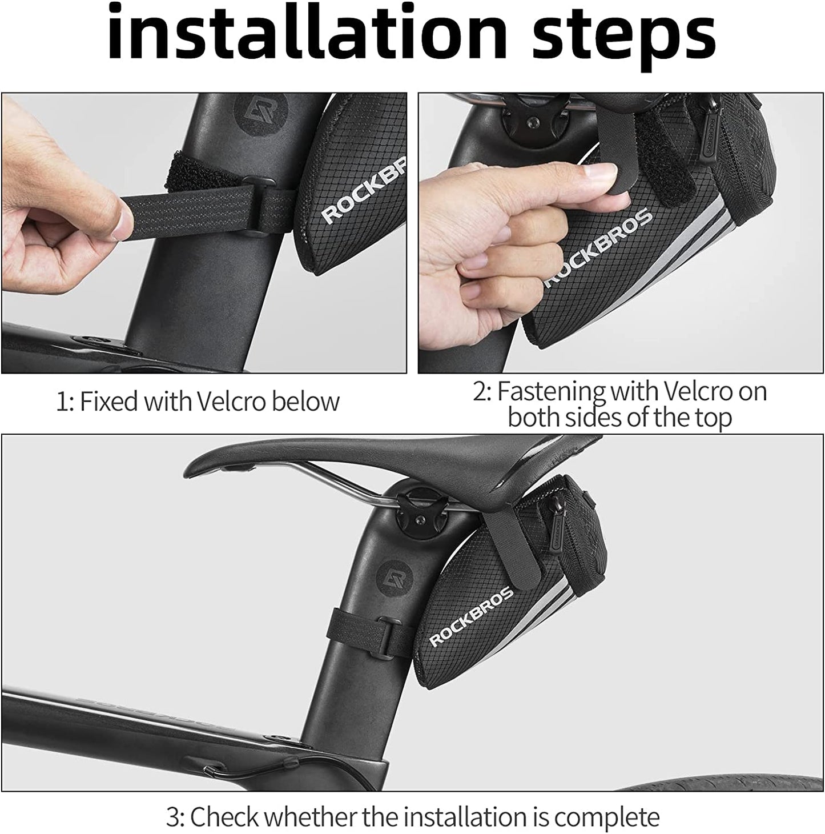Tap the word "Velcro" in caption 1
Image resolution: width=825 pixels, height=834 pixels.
tap(231, 401)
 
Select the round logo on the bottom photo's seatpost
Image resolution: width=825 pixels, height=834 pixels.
tap(393, 578)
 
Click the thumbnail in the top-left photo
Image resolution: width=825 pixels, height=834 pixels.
tap(120, 219)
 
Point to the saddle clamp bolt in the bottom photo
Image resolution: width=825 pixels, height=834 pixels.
tap(419, 519)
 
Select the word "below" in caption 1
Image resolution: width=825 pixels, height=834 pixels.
tap(305, 401)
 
